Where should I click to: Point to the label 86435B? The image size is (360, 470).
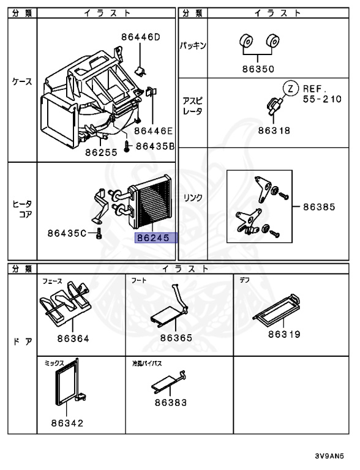156,146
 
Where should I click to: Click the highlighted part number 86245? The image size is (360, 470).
156,237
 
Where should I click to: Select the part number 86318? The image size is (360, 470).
273,130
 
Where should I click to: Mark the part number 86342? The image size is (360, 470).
67,422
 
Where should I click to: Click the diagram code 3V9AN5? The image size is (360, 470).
333,456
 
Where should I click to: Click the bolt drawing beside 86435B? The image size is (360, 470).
126,146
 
